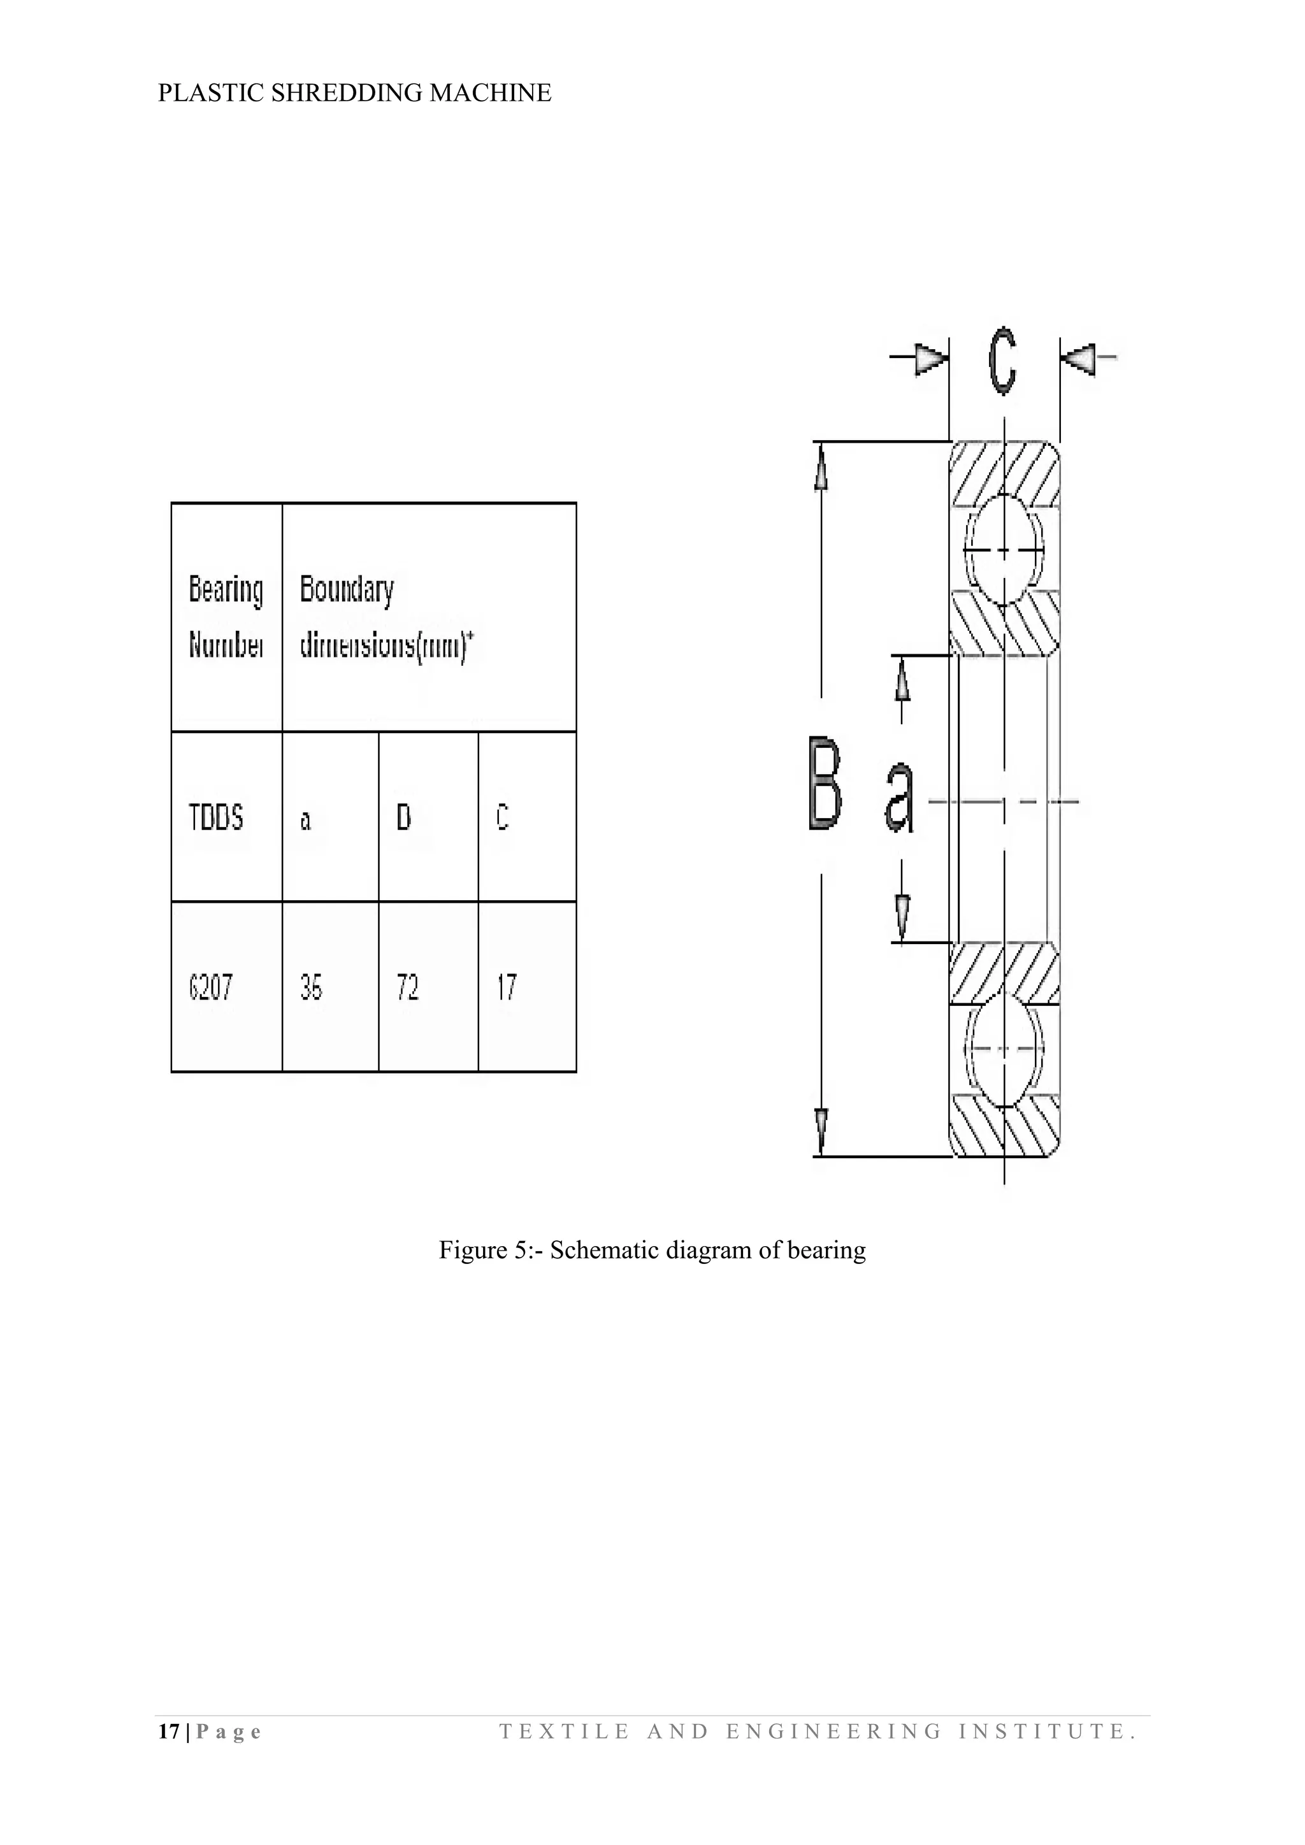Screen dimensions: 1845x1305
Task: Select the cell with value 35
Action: (311, 987)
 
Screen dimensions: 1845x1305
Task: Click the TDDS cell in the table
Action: (216, 818)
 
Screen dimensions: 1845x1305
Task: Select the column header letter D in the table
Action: (403, 818)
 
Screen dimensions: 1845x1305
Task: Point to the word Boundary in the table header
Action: (347, 589)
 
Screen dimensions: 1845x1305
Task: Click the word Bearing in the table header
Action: (226, 589)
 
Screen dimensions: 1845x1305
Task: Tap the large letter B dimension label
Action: (825, 784)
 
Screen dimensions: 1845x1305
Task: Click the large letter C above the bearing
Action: (1002, 360)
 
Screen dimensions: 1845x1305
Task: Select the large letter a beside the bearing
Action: (900, 797)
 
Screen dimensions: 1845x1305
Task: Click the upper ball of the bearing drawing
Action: (1004, 550)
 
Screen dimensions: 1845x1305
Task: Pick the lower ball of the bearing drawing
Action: (1004, 1049)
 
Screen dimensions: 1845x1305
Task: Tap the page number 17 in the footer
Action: (169, 1731)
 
